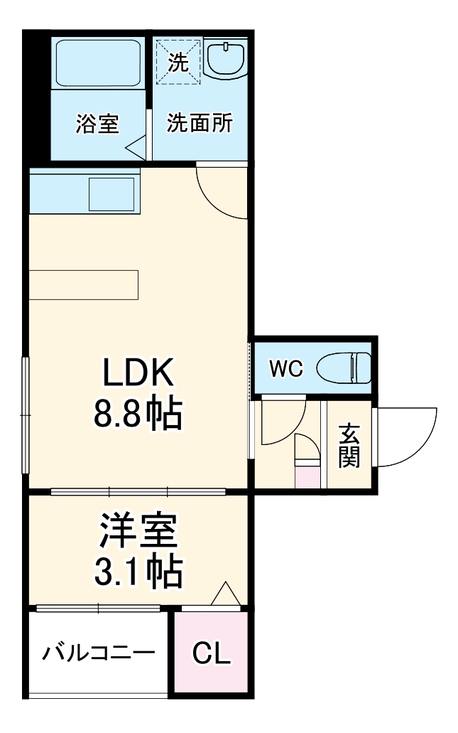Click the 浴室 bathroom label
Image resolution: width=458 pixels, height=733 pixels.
[98, 124]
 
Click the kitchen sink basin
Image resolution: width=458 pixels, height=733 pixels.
[111, 193]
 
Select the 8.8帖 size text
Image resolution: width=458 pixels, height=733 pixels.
[138, 414]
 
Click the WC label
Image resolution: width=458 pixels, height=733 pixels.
[285, 369]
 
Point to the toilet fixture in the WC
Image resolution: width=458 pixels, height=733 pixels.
[344, 369]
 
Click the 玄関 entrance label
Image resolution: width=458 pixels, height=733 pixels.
[348, 446]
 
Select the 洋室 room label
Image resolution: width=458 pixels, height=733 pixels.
[138, 531]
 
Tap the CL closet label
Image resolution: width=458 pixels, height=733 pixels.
[212, 653]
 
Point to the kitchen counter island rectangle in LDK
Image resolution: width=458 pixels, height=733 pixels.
[84, 285]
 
